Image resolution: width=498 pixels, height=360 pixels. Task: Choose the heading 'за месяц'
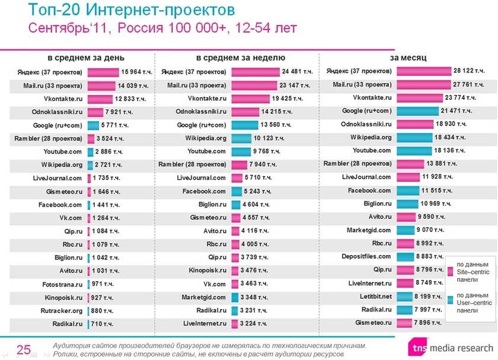[408, 58]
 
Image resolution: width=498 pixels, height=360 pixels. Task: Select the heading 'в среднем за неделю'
[241, 58]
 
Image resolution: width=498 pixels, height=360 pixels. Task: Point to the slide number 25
[24, 349]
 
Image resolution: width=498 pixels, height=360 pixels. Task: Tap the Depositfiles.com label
[366, 256]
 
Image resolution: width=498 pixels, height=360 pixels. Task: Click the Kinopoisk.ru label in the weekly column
[207, 270]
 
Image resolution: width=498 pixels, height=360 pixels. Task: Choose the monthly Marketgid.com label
[369, 230]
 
